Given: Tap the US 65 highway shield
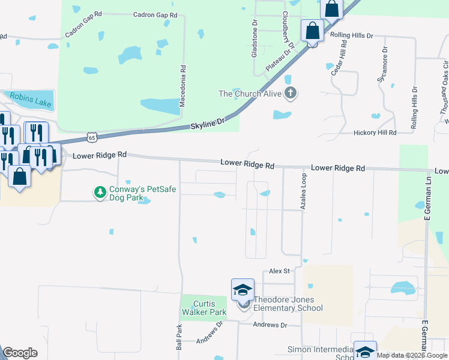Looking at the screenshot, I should click(91, 137).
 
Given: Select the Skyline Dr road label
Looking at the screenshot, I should click(207, 125).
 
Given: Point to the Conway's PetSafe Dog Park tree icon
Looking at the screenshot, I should click(99, 192).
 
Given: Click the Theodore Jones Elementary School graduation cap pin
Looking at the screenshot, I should click(243, 290).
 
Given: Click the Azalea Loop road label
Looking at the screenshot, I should click(303, 191).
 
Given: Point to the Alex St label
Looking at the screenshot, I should click(279, 272).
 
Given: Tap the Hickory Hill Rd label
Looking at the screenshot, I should click(375, 133).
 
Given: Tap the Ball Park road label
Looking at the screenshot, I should click(178, 338).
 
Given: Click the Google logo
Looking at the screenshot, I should click(20, 353).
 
